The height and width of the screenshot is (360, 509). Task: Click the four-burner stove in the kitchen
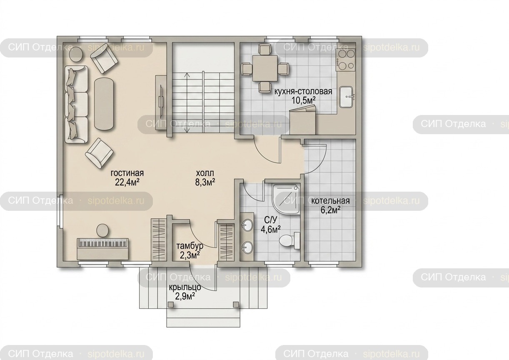345,60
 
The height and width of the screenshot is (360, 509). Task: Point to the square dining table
265,68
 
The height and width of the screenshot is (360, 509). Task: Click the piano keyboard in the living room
103,249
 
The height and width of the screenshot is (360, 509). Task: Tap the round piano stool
103,230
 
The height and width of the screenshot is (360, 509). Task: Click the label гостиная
127,173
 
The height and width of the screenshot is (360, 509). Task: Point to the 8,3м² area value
205,182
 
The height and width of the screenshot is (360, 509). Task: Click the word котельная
330,201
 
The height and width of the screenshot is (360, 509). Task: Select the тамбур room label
190,246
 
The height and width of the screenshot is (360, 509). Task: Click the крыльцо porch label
185,287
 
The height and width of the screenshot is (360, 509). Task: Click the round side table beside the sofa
76,54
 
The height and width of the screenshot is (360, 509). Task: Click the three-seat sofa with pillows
76,105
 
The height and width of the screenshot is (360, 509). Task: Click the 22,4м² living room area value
127,182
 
